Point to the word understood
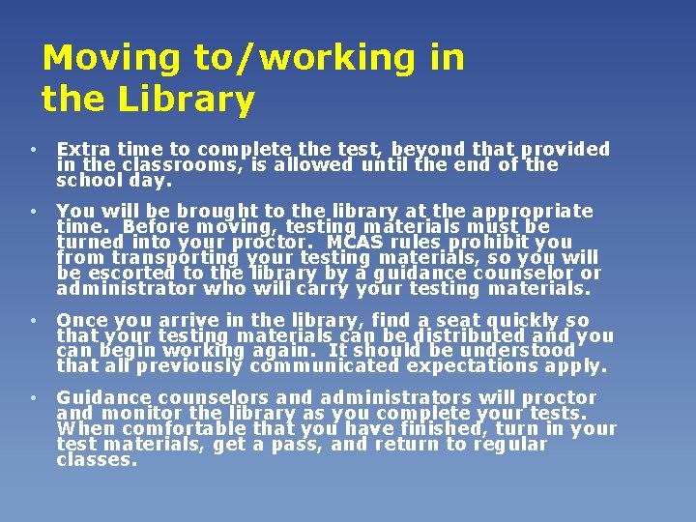click(518, 351)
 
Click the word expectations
click(475, 366)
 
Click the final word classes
click(97, 459)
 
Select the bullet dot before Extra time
click(34, 150)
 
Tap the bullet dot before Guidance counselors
click(34, 398)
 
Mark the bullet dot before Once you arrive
click(34, 321)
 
